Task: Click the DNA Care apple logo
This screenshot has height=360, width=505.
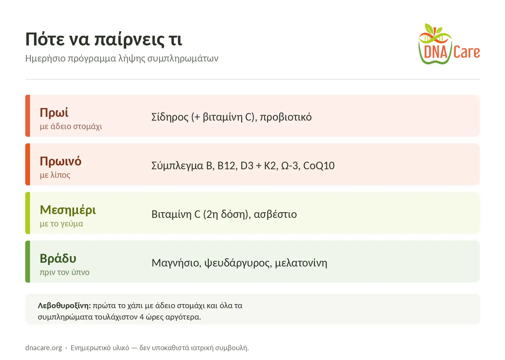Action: click(x=449, y=44)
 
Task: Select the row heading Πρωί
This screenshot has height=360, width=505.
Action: click(x=54, y=112)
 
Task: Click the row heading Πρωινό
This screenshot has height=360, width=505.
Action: click(x=61, y=161)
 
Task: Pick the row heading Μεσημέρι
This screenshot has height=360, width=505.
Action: click(x=68, y=210)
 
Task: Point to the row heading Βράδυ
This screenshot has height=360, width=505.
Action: click(x=58, y=258)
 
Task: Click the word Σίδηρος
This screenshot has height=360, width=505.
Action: click(x=170, y=117)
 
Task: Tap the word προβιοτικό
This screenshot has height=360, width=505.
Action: click(x=286, y=117)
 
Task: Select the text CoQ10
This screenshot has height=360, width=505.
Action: click(x=319, y=165)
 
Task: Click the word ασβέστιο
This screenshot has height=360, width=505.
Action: click(x=275, y=214)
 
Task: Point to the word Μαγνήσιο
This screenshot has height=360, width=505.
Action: click(x=176, y=263)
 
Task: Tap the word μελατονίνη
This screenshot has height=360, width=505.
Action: click(x=301, y=263)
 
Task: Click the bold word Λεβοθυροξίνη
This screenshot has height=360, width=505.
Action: click(x=64, y=306)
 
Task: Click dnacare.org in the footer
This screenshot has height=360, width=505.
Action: click(x=44, y=348)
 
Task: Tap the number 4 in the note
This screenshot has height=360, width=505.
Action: click(x=142, y=317)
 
